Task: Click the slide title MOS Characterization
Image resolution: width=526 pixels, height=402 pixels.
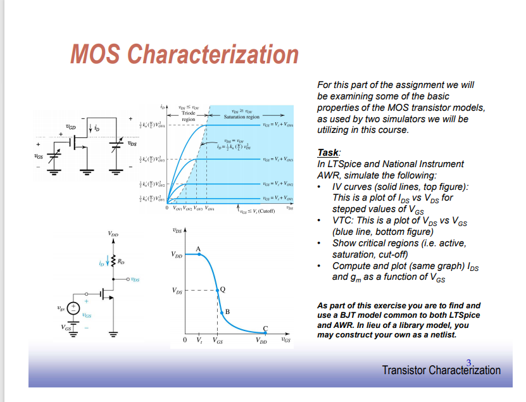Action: (x=184, y=54)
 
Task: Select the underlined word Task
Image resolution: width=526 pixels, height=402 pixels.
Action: (x=329, y=153)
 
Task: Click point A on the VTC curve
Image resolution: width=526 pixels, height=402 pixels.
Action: (x=199, y=249)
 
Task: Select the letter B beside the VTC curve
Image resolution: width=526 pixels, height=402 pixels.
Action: (x=227, y=311)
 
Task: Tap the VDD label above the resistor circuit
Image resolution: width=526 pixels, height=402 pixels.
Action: (x=115, y=235)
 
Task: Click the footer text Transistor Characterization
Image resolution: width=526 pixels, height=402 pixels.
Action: (x=441, y=370)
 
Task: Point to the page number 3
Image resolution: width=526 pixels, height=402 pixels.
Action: (x=468, y=361)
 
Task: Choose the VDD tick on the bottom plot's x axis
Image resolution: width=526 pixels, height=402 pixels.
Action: (x=261, y=341)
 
